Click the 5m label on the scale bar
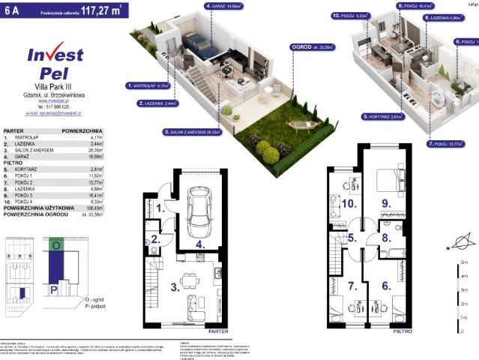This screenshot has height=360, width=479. point(466,262)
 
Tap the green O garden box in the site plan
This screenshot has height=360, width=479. point(55,245)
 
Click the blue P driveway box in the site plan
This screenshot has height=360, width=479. point(52,287)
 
